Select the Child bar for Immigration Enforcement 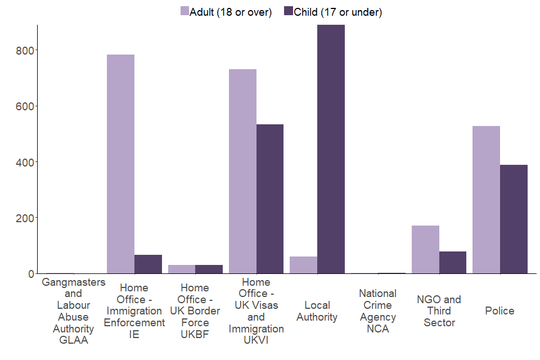tap(148, 264)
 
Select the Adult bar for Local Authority tap(303, 265)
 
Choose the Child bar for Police tap(514, 219)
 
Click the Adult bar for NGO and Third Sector tap(425, 250)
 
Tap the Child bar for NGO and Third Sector tap(453, 263)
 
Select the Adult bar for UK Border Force tap(182, 269)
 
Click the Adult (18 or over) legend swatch tap(184, 12)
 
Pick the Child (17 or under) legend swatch tap(289, 12)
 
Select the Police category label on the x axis tap(499, 310)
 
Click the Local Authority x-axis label tap(317, 311)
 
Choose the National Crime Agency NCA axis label tap(378, 311)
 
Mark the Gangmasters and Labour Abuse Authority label tap(73, 311)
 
